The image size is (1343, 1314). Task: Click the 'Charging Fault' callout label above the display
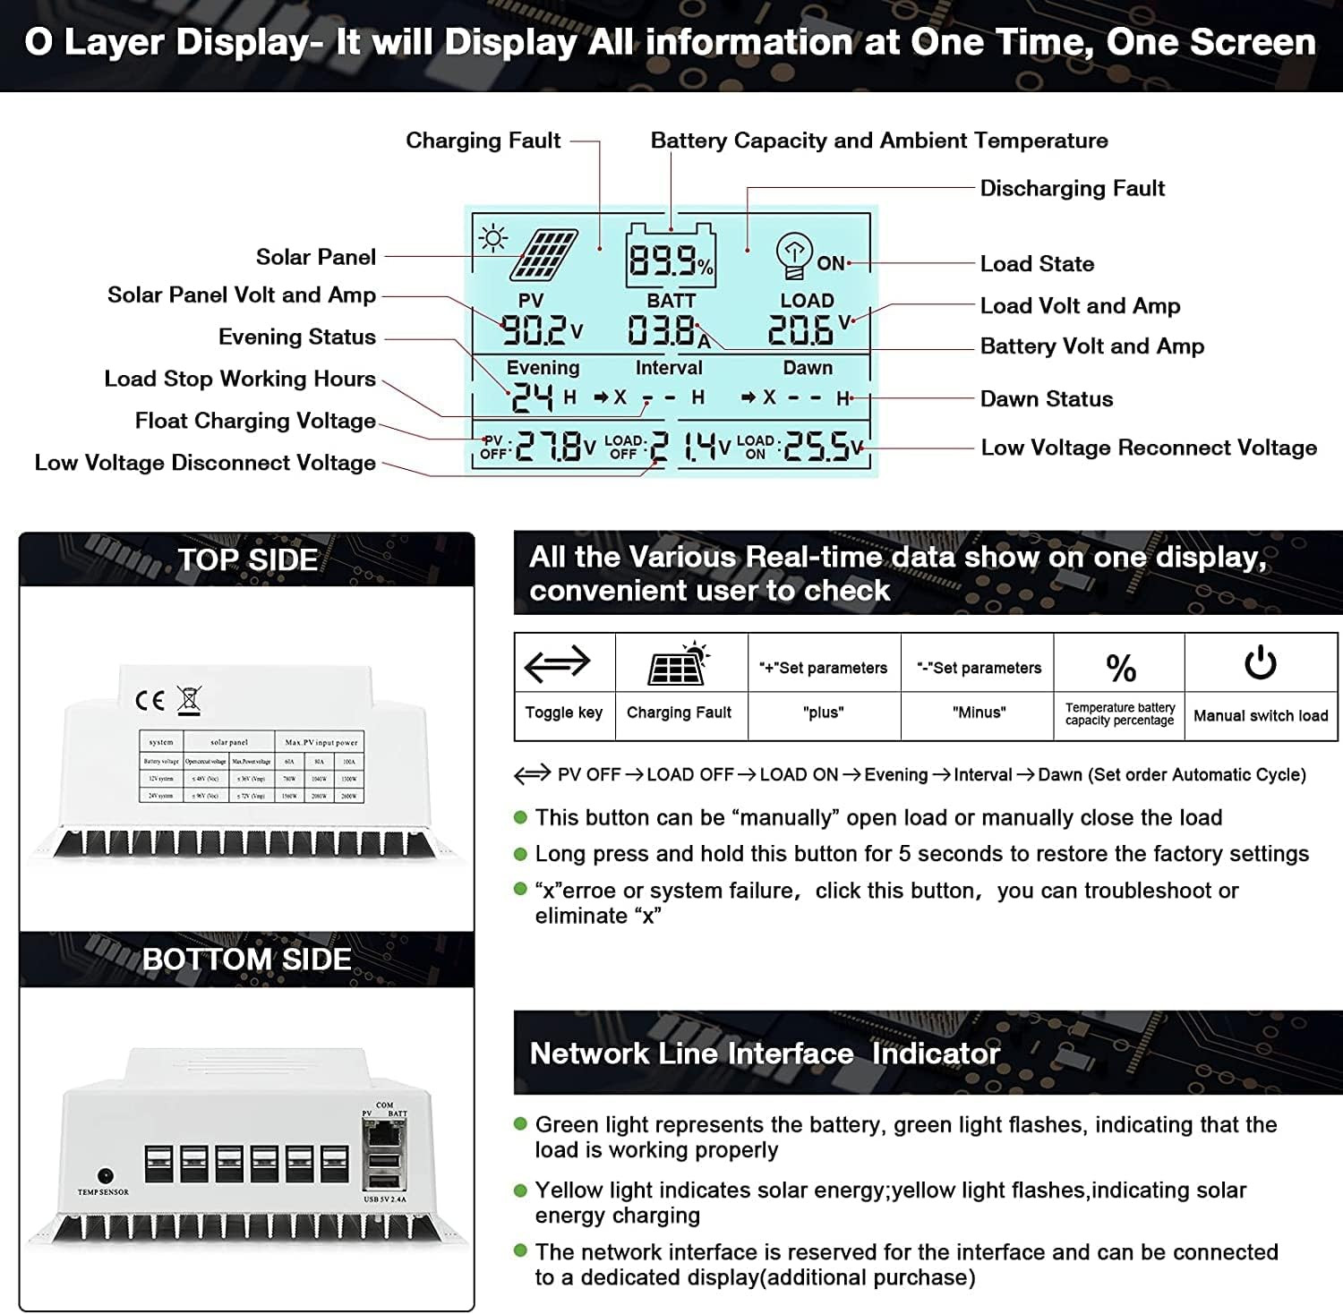(x=483, y=141)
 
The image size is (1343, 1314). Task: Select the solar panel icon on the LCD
(x=543, y=255)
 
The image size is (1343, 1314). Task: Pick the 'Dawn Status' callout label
(x=1046, y=399)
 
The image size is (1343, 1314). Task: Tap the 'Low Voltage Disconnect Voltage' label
(x=205, y=463)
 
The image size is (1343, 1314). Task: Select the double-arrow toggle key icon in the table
(x=557, y=664)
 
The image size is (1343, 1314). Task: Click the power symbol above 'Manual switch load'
(x=1260, y=664)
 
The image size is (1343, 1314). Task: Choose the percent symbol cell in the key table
(x=1120, y=668)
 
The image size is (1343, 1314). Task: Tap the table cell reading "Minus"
(x=979, y=712)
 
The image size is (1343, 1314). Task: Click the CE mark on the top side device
(x=150, y=700)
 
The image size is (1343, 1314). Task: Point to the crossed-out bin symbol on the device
(x=189, y=699)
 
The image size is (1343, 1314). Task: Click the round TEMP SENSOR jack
(x=105, y=1175)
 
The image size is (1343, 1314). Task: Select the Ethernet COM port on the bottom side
(x=384, y=1132)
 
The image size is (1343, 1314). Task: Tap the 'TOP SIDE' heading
(x=247, y=560)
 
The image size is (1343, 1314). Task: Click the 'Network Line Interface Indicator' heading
(x=764, y=1054)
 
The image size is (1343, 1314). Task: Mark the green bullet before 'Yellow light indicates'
(x=520, y=1190)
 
